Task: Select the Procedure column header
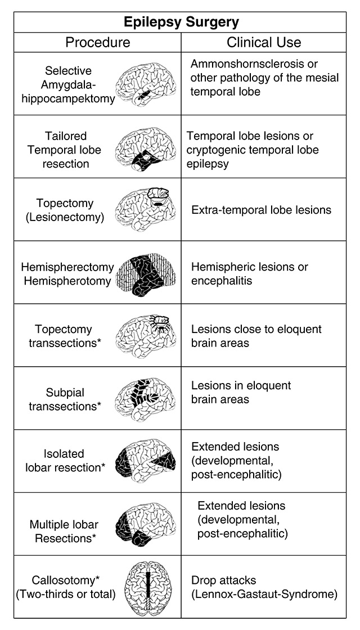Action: (x=97, y=42)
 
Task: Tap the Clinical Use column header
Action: (x=264, y=42)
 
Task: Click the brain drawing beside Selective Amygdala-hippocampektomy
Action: (x=145, y=83)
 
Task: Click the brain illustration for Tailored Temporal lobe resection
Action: (x=145, y=147)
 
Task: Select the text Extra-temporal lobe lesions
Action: (x=261, y=210)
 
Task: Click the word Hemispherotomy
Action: (x=67, y=280)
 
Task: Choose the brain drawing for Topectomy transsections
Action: (x=145, y=335)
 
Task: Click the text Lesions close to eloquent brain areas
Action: (x=256, y=336)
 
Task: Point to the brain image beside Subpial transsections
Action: (x=145, y=398)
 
